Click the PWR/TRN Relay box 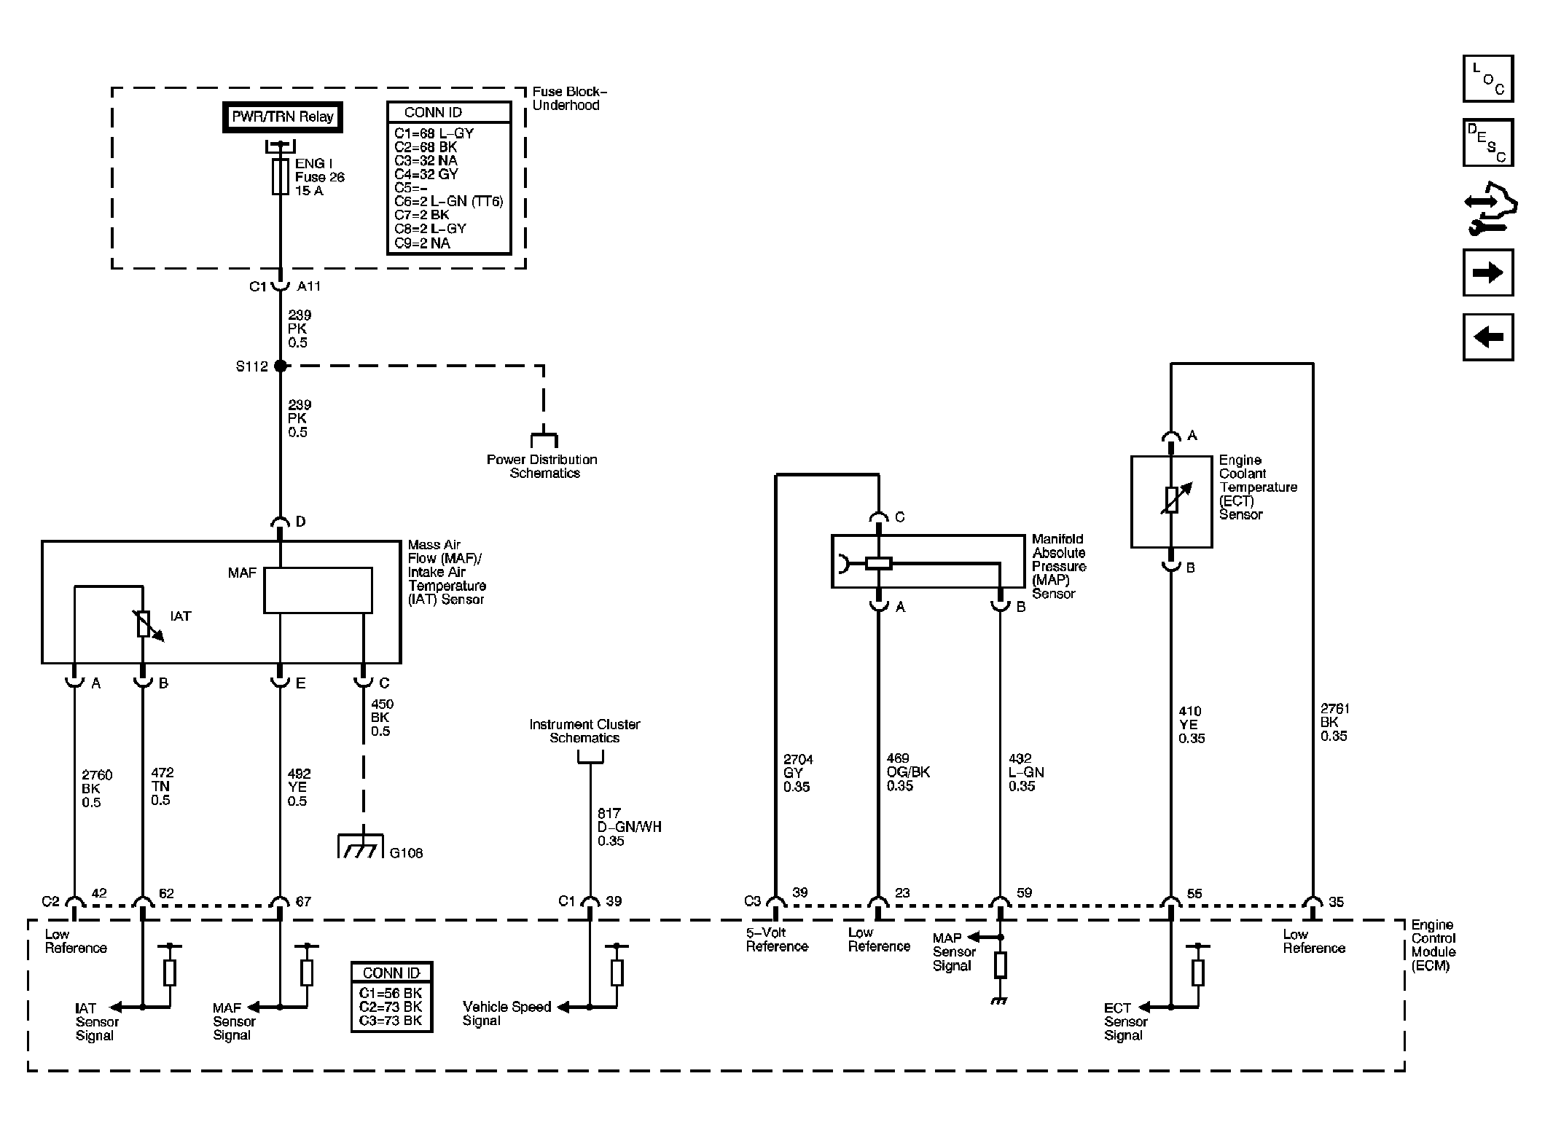[x=282, y=117]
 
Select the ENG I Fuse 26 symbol [x=280, y=177]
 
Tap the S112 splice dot [x=280, y=366]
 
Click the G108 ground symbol [x=360, y=846]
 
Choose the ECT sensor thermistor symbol [x=1171, y=499]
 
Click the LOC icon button [x=1488, y=79]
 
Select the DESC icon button [x=1488, y=143]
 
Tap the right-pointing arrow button [x=1488, y=272]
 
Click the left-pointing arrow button [x=1488, y=337]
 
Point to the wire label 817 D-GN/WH [x=630, y=827]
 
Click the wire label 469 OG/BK [x=908, y=772]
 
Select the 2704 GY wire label [x=798, y=773]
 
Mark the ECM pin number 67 [x=303, y=902]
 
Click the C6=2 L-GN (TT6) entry [x=449, y=202]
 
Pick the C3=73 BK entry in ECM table [x=391, y=1021]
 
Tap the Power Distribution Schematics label [x=542, y=466]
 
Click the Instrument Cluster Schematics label [x=584, y=731]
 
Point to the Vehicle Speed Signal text [x=506, y=1013]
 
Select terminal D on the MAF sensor [x=281, y=522]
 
